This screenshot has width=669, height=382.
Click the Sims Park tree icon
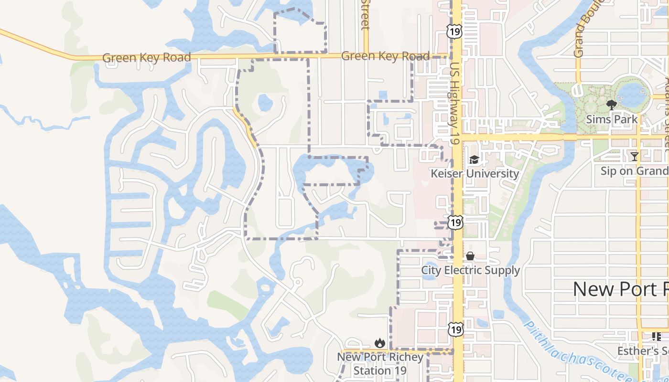click(611, 105)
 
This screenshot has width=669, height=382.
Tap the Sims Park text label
click(612, 119)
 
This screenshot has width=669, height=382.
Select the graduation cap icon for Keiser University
click(474, 159)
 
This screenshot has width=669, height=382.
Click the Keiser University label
click(475, 173)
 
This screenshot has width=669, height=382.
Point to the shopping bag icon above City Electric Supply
click(470, 256)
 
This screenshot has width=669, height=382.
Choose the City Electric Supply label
click(470, 270)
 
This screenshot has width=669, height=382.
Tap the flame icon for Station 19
click(380, 343)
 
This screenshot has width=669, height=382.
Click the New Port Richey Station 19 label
click(380, 363)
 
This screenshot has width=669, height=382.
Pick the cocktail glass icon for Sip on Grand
click(634, 157)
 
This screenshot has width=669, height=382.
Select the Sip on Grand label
click(634, 171)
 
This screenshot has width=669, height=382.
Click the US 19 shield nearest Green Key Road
click(454, 32)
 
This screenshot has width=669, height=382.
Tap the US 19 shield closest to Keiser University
click(456, 222)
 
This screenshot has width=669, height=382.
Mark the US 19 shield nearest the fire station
click(456, 329)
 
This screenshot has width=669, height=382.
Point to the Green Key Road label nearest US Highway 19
click(385, 56)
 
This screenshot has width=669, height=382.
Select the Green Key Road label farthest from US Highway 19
click(147, 58)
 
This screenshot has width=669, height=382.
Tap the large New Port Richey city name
click(620, 289)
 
